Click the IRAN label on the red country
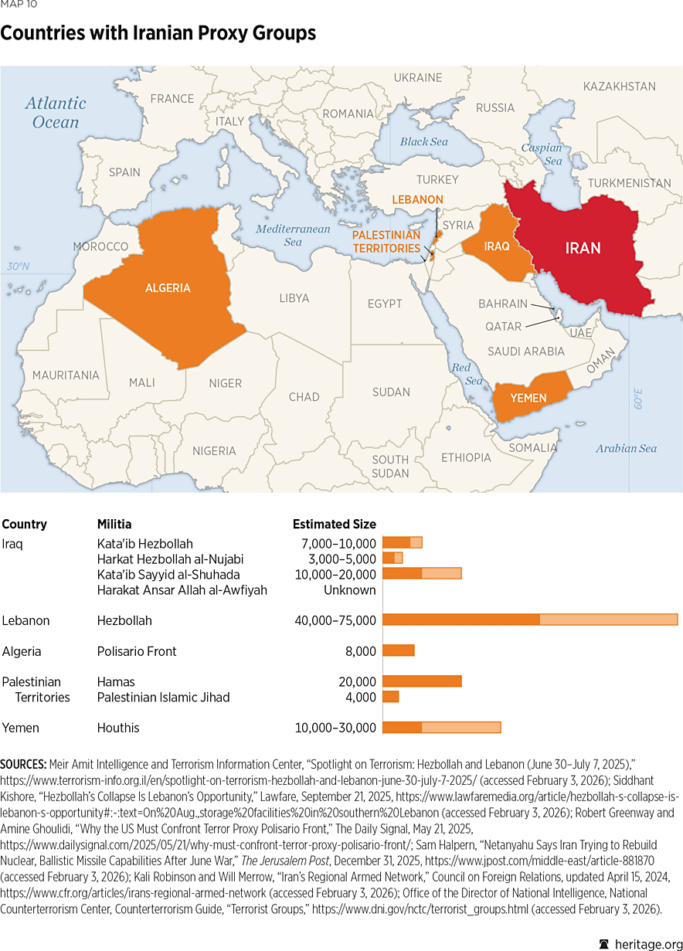click(583, 248)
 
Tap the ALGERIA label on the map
click(168, 288)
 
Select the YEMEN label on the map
click(528, 398)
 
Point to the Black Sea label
click(423, 142)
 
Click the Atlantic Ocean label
click(56, 112)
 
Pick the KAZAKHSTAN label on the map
click(619, 87)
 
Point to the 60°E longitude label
click(638, 402)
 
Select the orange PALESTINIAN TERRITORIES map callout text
click(386, 242)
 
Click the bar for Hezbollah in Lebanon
click(530, 620)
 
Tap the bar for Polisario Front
click(399, 651)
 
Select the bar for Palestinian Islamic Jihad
click(391, 697)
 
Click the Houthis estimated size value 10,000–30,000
click(335, 728)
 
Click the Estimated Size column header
click(334, 524)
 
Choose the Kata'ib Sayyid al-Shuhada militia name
click(168, 574)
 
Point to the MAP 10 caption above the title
click(19, 5)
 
